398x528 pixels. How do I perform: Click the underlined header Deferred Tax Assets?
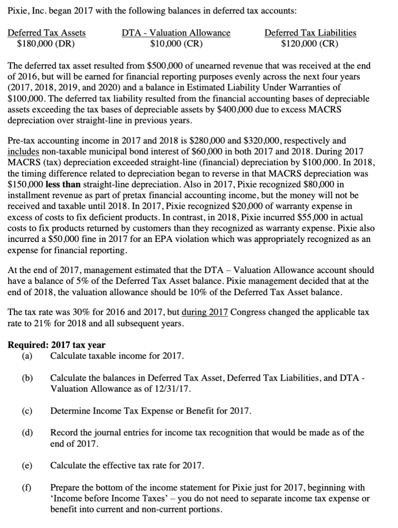click(47, 33)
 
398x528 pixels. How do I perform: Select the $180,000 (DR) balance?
click(45, 44)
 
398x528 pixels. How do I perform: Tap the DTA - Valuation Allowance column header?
click(176, 33)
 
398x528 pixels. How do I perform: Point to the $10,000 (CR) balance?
click(176, 44)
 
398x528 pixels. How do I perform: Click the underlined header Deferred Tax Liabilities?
click(310, 33)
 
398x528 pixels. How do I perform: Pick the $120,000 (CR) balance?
click(310, 44)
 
